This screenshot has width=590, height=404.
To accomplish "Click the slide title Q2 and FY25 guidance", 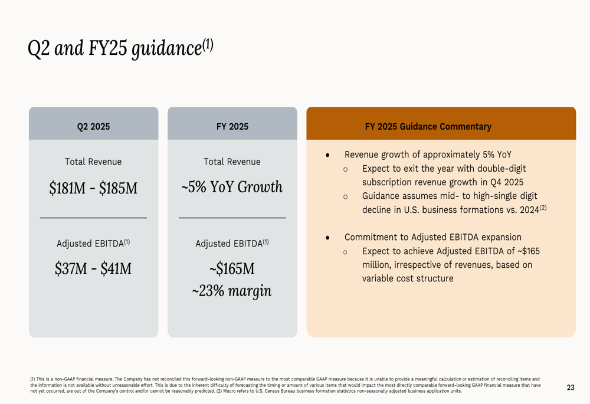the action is tap(120, 48).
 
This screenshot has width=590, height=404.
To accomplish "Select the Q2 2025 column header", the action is tap(93, 126).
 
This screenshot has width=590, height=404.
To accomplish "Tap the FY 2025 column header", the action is tap(232, 126).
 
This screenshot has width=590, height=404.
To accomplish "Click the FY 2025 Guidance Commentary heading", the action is tap(428, 126).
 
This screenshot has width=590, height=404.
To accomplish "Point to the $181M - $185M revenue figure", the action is tap(93, 188).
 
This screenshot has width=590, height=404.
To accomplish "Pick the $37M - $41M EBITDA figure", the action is tap(93, 268).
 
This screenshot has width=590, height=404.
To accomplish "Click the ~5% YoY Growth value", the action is tap(232, 187).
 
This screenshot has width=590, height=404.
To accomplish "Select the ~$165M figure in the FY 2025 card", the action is tap(232, 268).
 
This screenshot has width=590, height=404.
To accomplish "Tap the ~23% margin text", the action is tap(232, 291).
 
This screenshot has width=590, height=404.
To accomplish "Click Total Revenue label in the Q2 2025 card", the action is tap(93, 162).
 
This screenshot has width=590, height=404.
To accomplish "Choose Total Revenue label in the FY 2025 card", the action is tap(232, 162).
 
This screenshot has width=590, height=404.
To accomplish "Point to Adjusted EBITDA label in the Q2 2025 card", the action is tap(93, 243).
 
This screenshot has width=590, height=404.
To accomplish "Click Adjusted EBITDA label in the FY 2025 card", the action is tap(232, 243).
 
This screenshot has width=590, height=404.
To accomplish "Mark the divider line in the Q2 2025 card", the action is tap(93, 218).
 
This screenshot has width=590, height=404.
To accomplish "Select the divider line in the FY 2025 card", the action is tap(232, 218).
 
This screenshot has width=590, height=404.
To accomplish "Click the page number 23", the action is tap(571, 387).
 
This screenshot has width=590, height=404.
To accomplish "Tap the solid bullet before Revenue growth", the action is tap(327, 155).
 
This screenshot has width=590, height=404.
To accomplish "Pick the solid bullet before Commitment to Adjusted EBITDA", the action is tap(327, 237).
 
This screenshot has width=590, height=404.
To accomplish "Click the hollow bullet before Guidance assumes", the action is tap(345, 197).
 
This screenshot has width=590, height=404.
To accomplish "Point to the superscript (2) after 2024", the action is tap(543, 207).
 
